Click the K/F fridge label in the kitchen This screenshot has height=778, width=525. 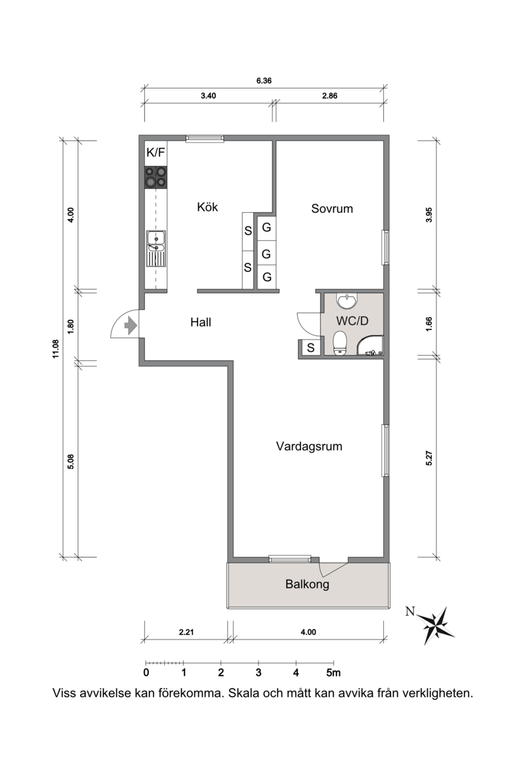(x=155, y=152)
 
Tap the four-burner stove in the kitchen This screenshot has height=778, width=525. (x=156, y=177)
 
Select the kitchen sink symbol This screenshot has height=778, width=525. (x=156, y=249)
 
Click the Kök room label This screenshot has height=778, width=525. (x=207, y=207)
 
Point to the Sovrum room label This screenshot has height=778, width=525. (x=332, y=208)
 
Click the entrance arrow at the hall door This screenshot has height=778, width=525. (x=130, y=326)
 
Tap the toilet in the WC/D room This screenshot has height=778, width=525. (x=340, y=343)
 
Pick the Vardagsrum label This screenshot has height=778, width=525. (x=309, y=446)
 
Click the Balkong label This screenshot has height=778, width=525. (x=307, y=584)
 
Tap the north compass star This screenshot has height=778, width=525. (x=436, y=625)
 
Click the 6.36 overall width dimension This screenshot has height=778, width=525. (x=264, y=80)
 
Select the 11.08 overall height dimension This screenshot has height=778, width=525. (x=56, y=349)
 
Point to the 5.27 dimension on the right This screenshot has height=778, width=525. (x=429, y=458)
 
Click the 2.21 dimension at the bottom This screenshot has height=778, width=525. (x=186, y=632)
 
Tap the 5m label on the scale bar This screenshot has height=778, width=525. (x=333, y=673)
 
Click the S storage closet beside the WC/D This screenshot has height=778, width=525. (x=310, y=348)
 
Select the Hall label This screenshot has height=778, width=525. (x=201, y=322)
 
